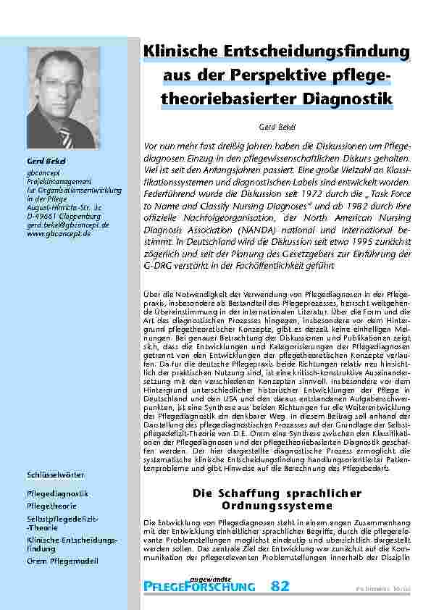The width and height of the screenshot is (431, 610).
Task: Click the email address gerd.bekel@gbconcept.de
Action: tap(67, 225)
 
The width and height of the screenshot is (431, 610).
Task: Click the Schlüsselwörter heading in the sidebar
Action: tap(56, 474)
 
